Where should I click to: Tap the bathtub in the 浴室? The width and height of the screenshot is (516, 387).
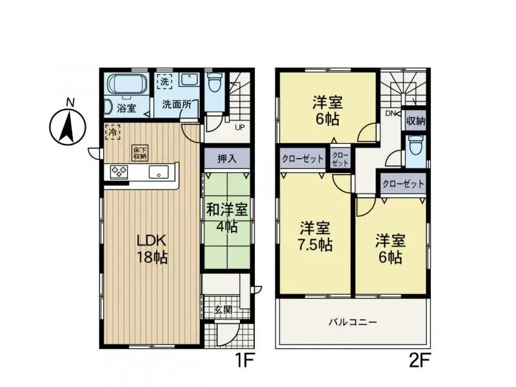126,84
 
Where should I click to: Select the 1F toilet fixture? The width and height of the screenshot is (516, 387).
214,84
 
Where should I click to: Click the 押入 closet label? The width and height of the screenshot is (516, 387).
226,158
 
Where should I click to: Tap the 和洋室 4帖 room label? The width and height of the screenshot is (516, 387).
226,217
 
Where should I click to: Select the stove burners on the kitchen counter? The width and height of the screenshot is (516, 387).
119,172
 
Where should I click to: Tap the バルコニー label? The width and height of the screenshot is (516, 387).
352,321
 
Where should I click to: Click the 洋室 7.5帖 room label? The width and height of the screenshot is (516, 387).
315,236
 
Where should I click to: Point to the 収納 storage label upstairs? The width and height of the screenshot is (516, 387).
415,121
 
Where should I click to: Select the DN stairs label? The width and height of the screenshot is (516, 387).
390,113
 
